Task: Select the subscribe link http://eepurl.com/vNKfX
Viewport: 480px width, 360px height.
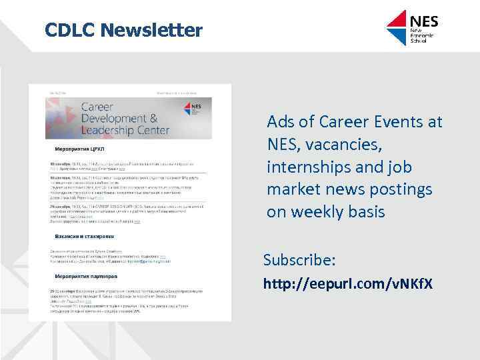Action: (x=347, y=284)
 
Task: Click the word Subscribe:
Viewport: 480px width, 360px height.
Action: (x=299, y=259)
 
